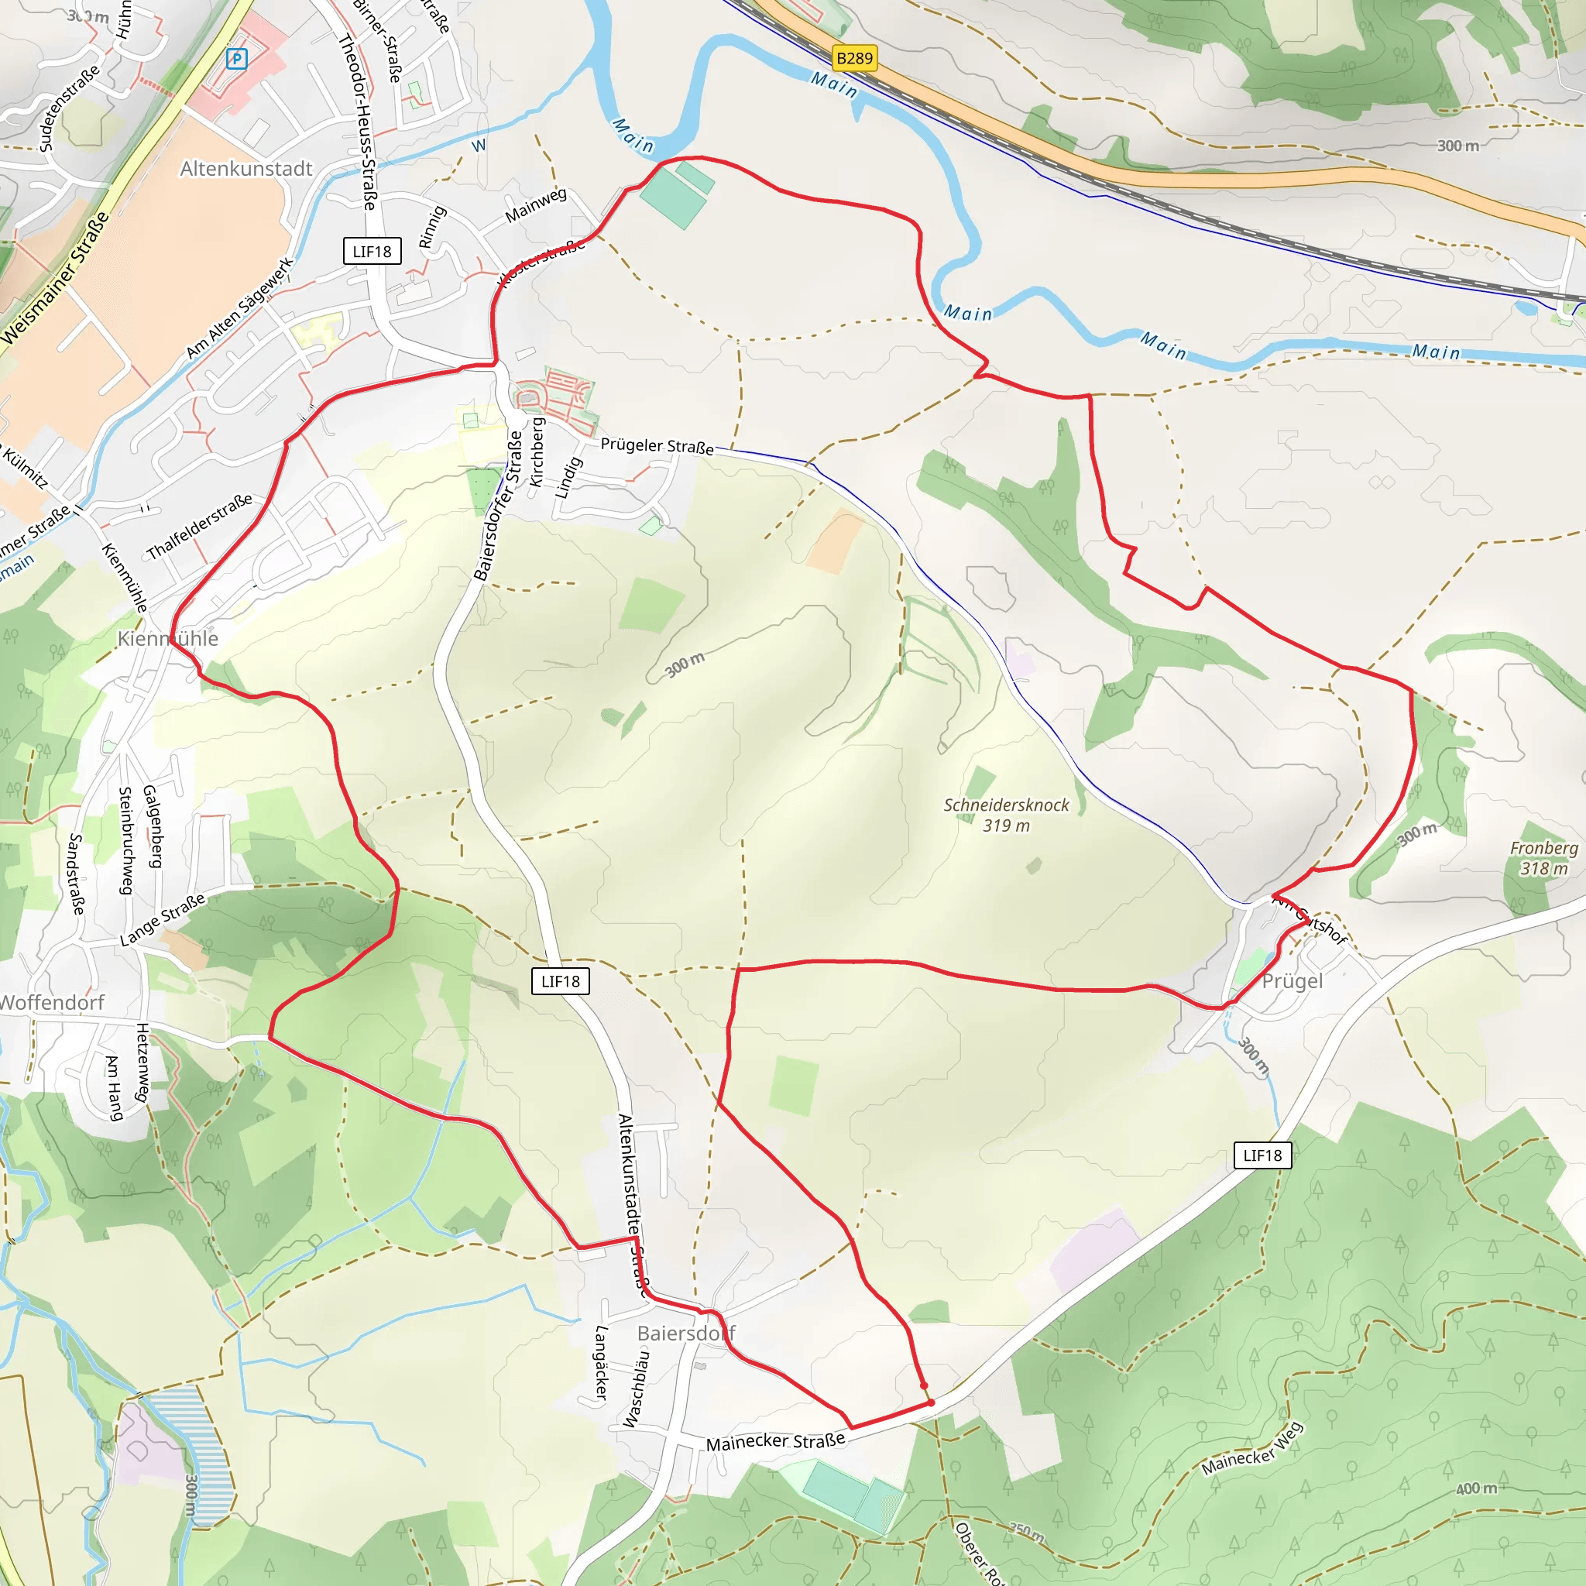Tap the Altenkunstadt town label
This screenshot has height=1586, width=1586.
[246, 169]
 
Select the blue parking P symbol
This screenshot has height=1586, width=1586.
[236, 59]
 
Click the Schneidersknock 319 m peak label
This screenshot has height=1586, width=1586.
[1007, 815]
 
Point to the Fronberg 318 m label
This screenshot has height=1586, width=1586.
[1543, 858]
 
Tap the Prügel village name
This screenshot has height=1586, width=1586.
[1292, 982]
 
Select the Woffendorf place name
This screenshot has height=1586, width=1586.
[53, 1002]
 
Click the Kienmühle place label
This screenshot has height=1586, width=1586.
[167, 639]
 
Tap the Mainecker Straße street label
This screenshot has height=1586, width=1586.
[775, 1442]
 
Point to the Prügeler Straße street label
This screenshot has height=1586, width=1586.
[657, 446]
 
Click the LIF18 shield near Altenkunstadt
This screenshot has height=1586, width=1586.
[372, 251]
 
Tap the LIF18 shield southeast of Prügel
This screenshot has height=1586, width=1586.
[1262, 1156]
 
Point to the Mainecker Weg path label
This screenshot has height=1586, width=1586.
[1252, 1449]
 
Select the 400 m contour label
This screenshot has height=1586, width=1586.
[1475, 1488]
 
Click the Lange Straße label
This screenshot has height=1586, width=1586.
[163, 920]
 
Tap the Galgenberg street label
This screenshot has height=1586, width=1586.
[152, 826]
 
